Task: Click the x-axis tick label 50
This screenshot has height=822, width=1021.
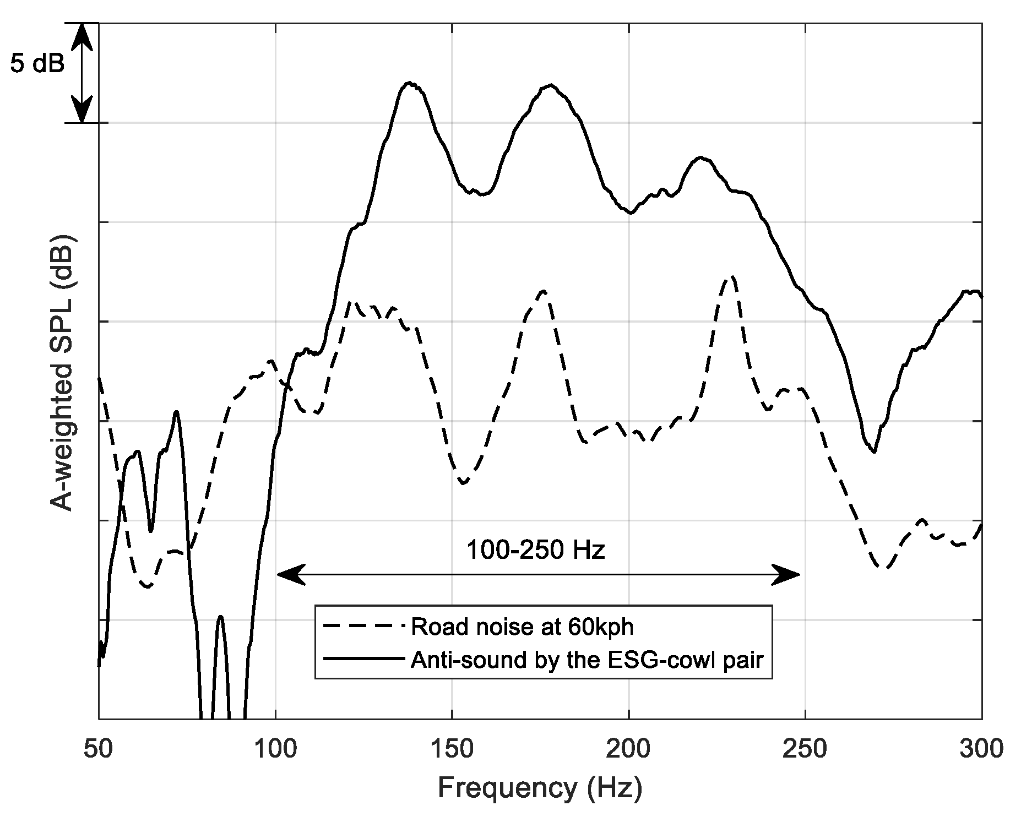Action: pos(99,750)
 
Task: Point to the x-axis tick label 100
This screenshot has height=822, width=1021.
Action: pos(275,750)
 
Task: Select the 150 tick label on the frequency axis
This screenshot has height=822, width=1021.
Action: pos(452,750)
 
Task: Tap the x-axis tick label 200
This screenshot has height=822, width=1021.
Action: pos(628,750)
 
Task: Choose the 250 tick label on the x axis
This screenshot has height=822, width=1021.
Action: pos(805,750)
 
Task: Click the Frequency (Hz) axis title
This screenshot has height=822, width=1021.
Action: pos(540,788)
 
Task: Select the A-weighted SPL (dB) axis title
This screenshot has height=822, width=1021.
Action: pos(62,374)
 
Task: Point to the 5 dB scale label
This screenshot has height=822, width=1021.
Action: pos(37,64)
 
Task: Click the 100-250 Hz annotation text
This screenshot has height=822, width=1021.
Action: pos(535,550)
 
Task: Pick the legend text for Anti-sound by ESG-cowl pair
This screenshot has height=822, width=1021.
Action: pos(587,659)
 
